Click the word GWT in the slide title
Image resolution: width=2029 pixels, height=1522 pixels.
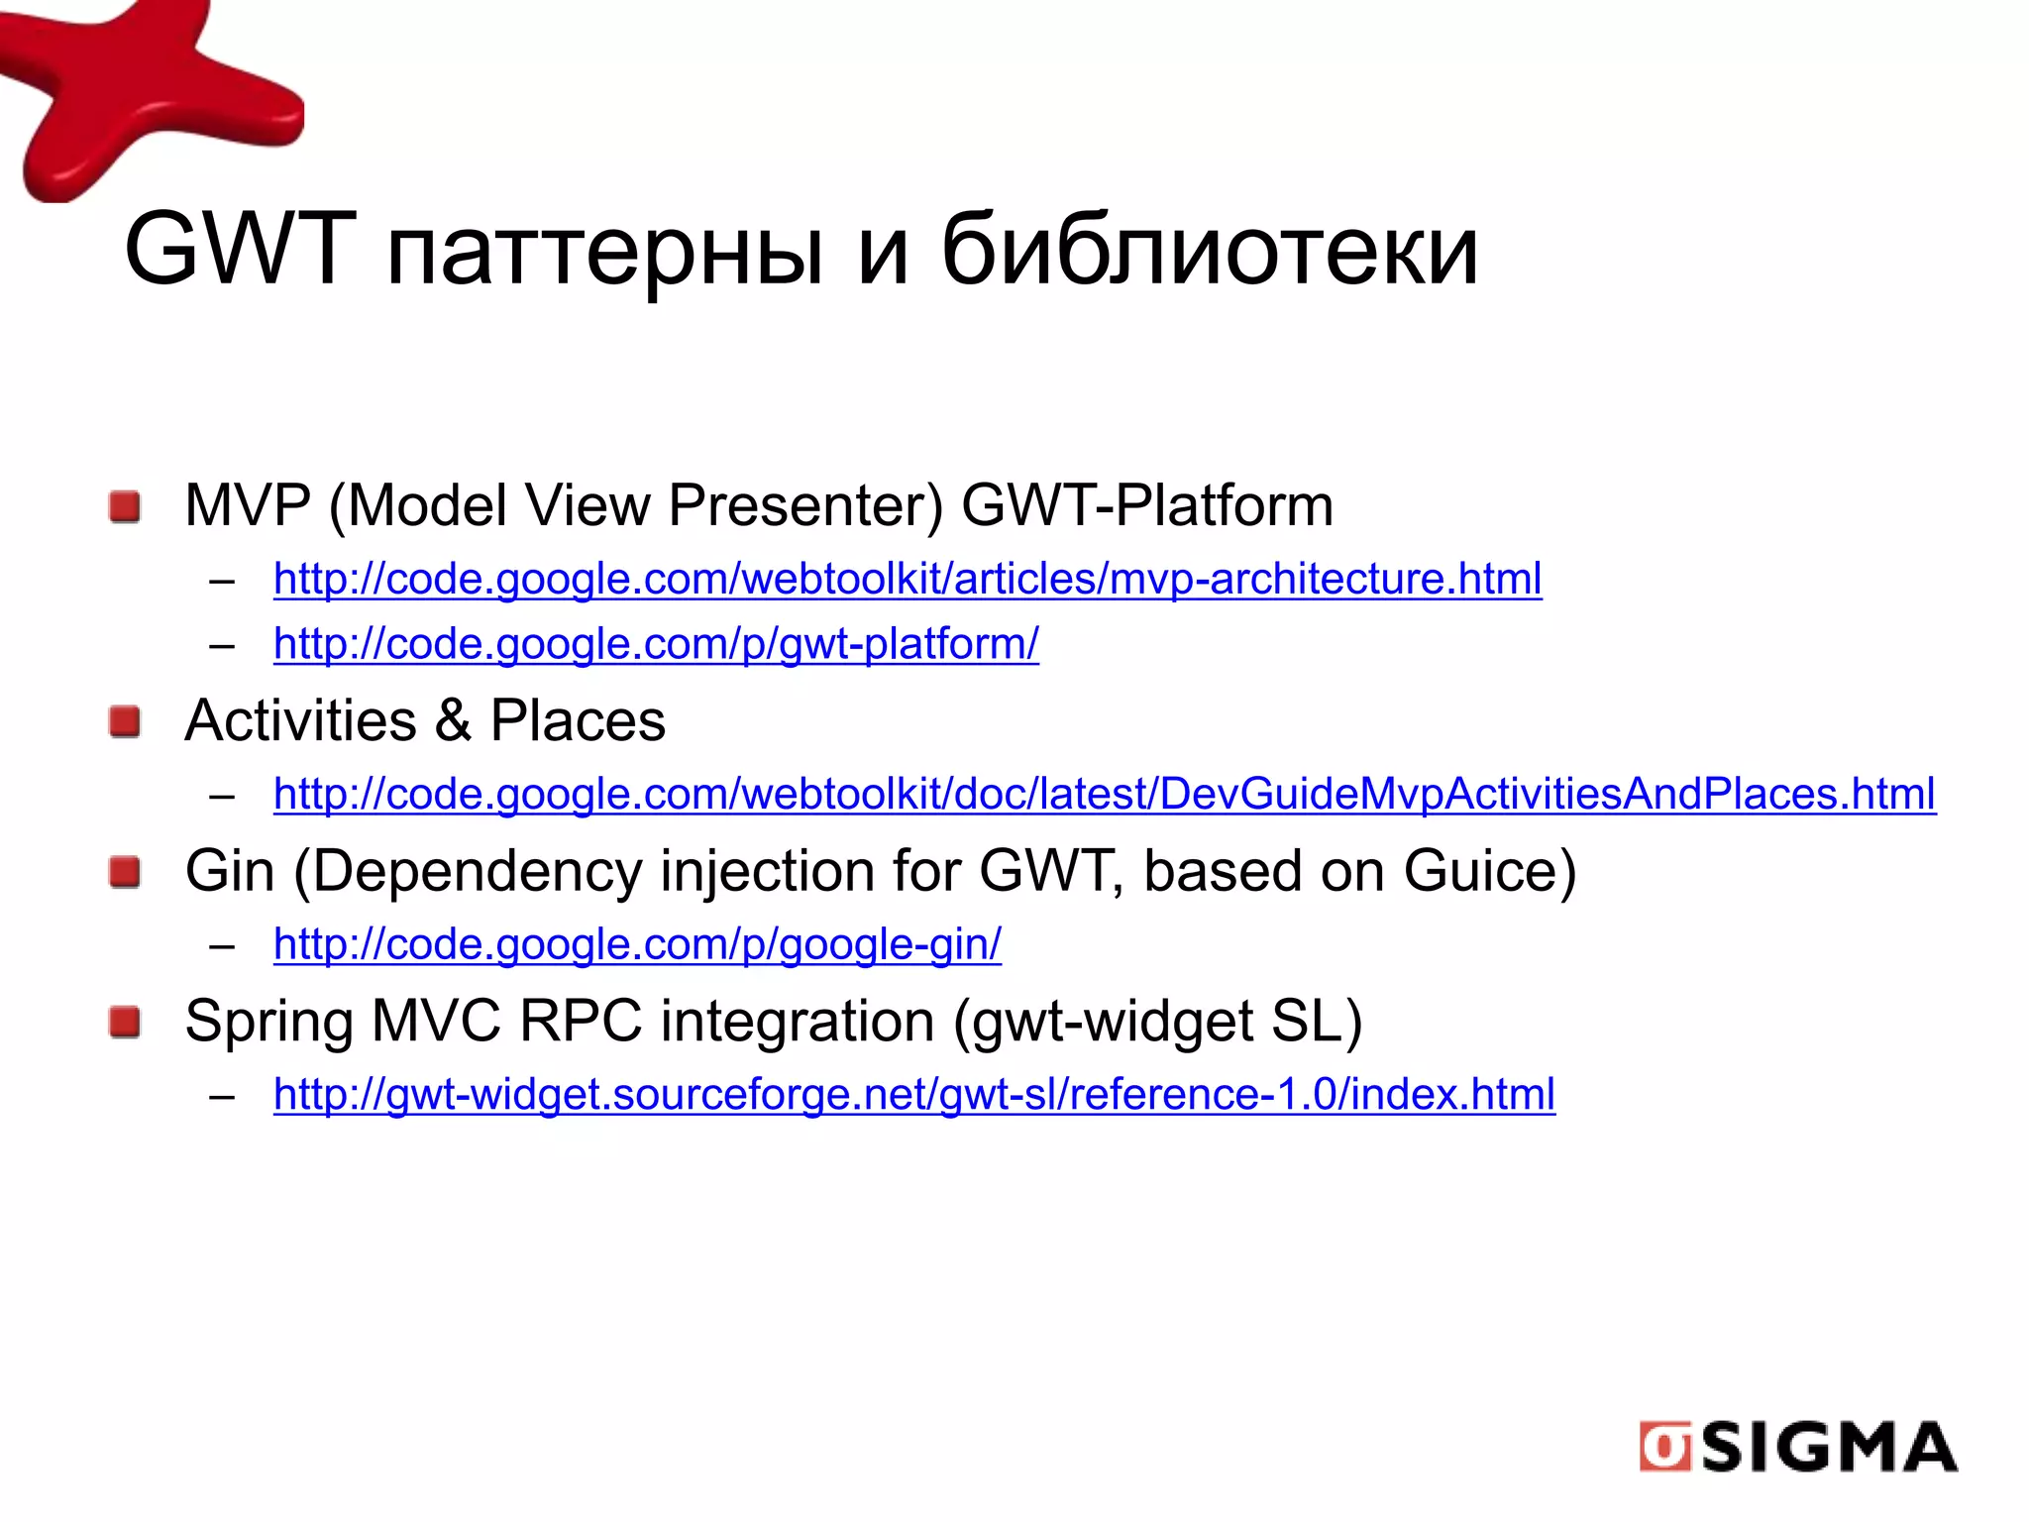point(240,249)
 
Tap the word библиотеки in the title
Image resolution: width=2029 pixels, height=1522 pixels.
point(1210,249)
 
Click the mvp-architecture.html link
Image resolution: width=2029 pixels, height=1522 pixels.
point(908,579)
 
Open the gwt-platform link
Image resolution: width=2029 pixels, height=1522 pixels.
point(656,644)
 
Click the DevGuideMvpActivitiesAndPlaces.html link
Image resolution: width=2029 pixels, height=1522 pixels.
point(1104,794)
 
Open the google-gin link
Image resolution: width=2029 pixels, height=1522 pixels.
point(637,944)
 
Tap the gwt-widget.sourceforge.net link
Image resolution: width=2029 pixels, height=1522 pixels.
point(913,1095)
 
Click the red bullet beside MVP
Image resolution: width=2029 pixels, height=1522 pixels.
point(125,506)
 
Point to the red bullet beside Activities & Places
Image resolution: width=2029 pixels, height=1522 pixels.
point(125,721)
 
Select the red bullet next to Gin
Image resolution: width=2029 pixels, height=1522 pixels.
point(125,872)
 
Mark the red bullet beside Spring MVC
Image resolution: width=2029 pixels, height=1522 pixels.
point(125,1022)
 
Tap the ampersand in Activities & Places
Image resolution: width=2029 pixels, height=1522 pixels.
point(453,720)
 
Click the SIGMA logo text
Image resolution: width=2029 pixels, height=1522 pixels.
point(1829,1448)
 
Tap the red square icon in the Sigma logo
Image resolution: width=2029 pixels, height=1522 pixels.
point(1665,1448)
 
